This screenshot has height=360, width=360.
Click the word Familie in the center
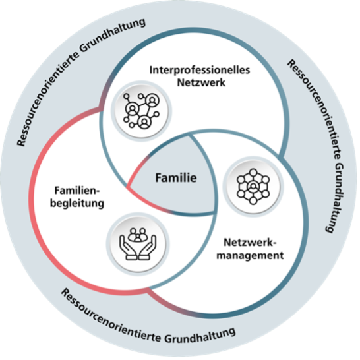click(x=176, y=178)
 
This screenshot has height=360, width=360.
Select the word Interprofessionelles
click(x=200, y=70)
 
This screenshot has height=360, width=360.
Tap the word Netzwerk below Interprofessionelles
click(x=201, y=82)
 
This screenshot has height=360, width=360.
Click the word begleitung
click(x=77, y=204)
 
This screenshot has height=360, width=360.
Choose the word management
click(x=250, y=255)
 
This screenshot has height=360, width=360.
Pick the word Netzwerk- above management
click(x=251, y=243)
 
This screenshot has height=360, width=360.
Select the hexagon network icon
click(x=253, y=187)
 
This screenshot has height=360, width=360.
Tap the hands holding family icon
click(x=138, y=244)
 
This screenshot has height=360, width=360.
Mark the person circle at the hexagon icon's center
click(x=253, y=187)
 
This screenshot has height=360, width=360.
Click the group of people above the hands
click(x=138, y=235)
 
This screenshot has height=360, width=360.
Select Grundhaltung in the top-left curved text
click(x=113, y=37)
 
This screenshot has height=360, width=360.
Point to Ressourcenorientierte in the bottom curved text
click(x=111, y=317)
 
